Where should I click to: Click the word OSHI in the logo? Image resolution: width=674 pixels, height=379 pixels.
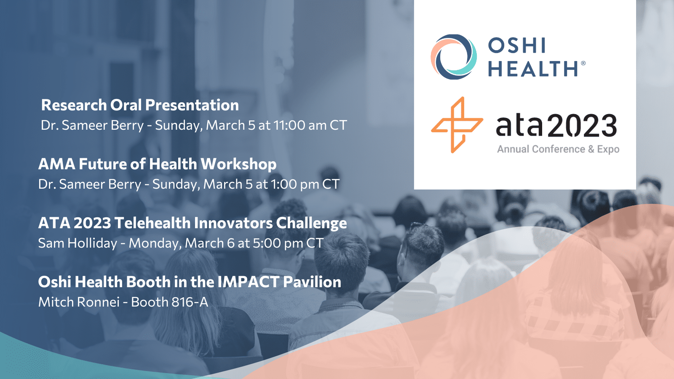point(516,46)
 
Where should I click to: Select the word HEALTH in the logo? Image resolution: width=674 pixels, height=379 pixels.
point(532,68)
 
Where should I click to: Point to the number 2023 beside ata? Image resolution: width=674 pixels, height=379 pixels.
point(582,125)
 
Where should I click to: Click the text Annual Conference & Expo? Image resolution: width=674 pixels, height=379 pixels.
point(558,149)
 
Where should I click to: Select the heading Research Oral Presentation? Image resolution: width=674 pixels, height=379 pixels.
point(140,105)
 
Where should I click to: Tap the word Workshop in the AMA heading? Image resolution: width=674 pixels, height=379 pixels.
point(238,164)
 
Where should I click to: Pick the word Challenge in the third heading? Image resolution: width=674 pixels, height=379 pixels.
point(311,224)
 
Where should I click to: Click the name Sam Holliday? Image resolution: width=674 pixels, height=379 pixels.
point(78,243)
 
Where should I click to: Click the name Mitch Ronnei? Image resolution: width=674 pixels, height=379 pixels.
point(79,302)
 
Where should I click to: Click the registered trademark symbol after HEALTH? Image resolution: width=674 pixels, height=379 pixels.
point(583,63)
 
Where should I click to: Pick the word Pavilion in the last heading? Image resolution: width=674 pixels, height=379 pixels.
point(312,282)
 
